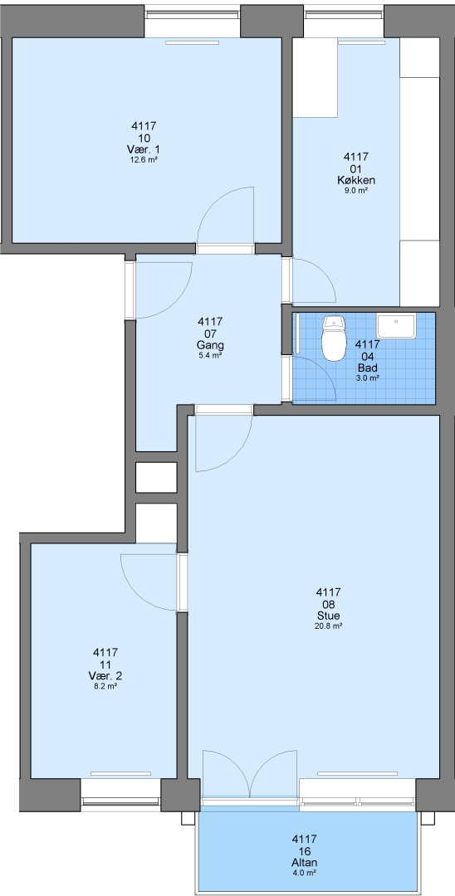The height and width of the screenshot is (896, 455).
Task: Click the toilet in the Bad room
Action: pos(334,338)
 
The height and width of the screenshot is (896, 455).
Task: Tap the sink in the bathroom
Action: pos(397,326)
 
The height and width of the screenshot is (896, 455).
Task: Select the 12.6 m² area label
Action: pos(144,160)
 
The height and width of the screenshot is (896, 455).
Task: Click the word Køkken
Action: pos(356,181)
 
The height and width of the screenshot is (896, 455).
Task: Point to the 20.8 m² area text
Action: pos(329,626)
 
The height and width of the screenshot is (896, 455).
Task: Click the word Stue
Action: pos(329,616)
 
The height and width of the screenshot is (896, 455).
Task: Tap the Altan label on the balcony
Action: pos(304,863)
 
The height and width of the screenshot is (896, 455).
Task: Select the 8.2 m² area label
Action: pos(105,686)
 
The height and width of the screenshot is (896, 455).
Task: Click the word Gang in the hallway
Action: pos(208,346)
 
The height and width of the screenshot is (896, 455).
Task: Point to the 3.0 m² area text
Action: pos(368,377)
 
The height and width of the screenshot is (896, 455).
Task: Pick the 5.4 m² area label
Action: pos(209,355)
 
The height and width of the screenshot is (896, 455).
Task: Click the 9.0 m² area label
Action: pos(356,191)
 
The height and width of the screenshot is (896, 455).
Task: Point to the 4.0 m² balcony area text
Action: pos(304,873)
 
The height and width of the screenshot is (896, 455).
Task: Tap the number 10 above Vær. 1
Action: pos(144,139)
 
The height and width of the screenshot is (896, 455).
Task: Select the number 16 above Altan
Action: pos(304,851)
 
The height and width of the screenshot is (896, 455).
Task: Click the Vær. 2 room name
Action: pos(105,676)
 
